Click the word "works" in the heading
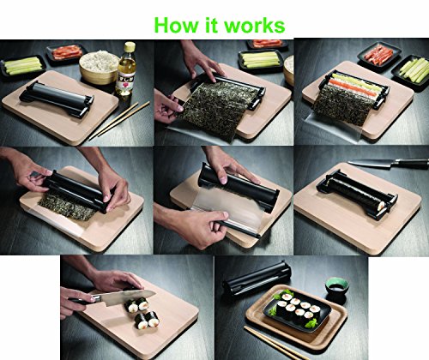254,23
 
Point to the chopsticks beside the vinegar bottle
120,120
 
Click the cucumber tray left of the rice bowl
24,67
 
